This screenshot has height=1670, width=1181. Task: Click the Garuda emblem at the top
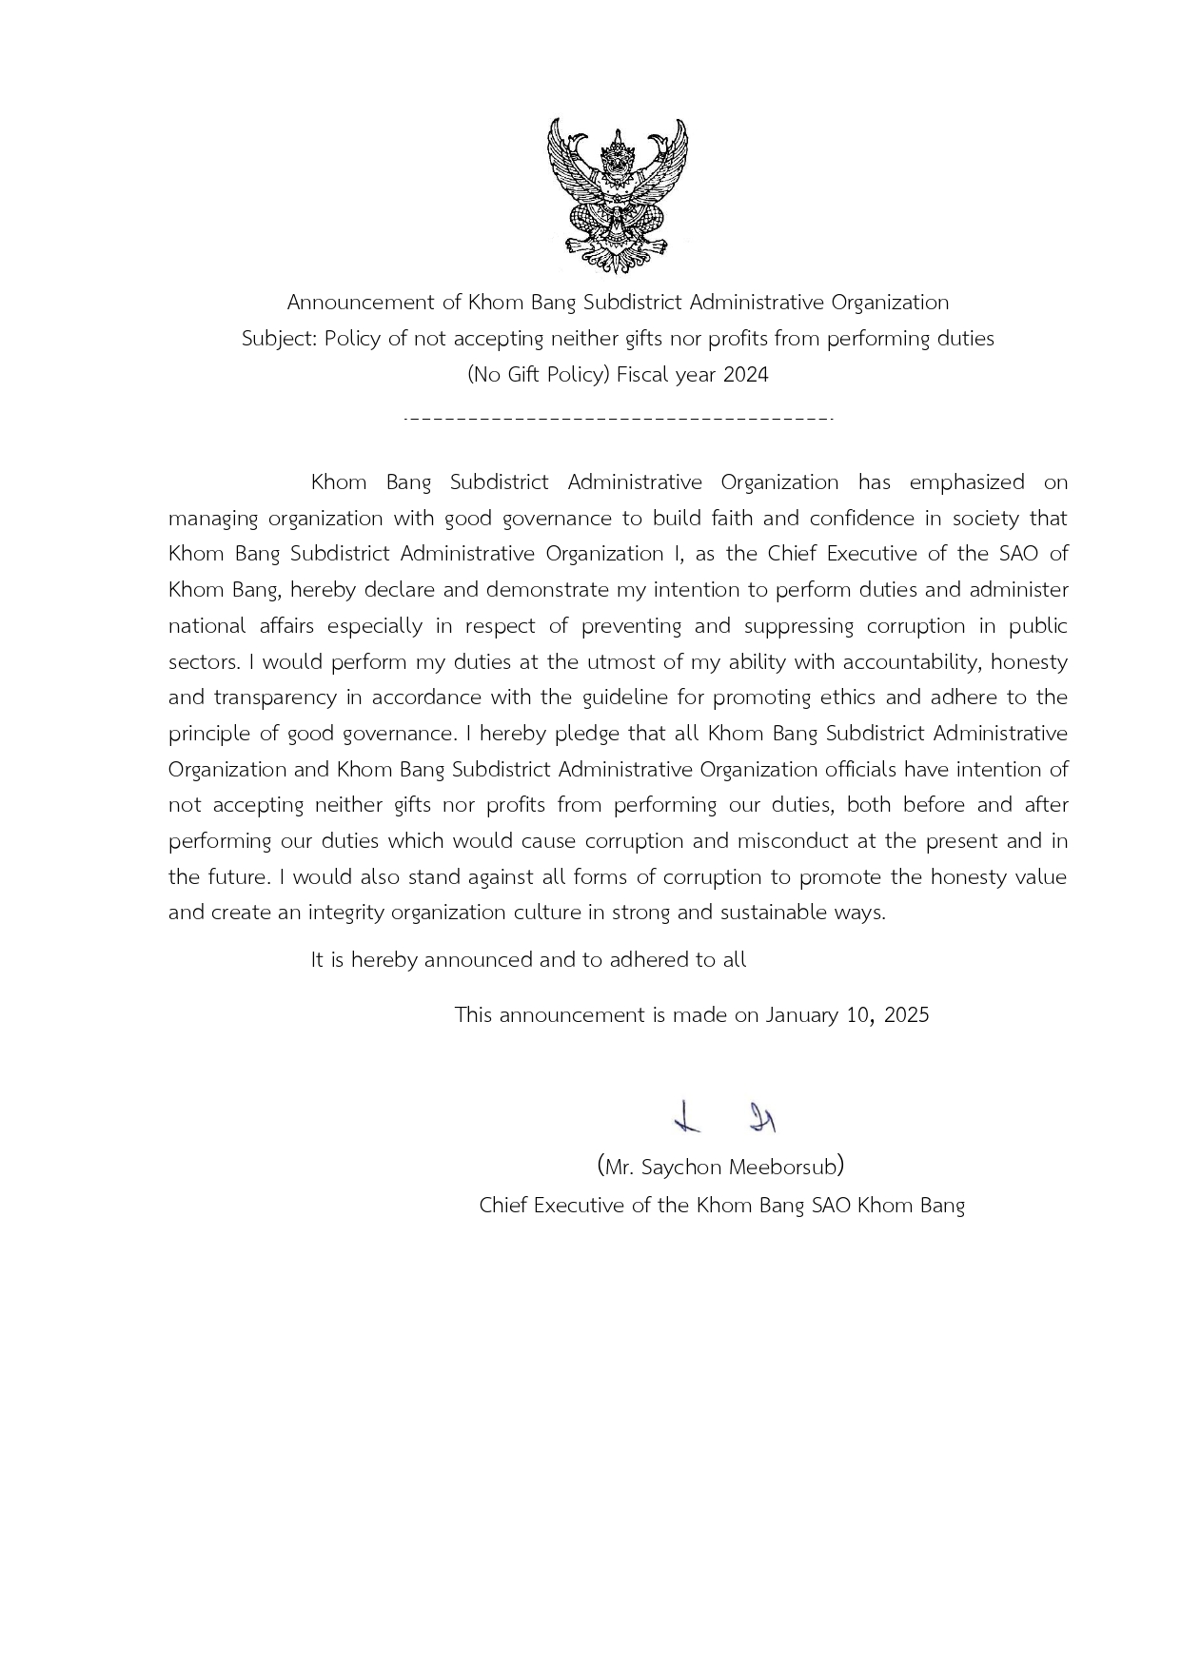(x=617, y=195)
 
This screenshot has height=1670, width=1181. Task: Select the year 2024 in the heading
(x=745, y=375)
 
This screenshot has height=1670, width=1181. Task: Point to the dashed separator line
(x=619, y=418)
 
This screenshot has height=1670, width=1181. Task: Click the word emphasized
(x=967, y=482)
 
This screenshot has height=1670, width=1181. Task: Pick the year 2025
(x=906, y=1015)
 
